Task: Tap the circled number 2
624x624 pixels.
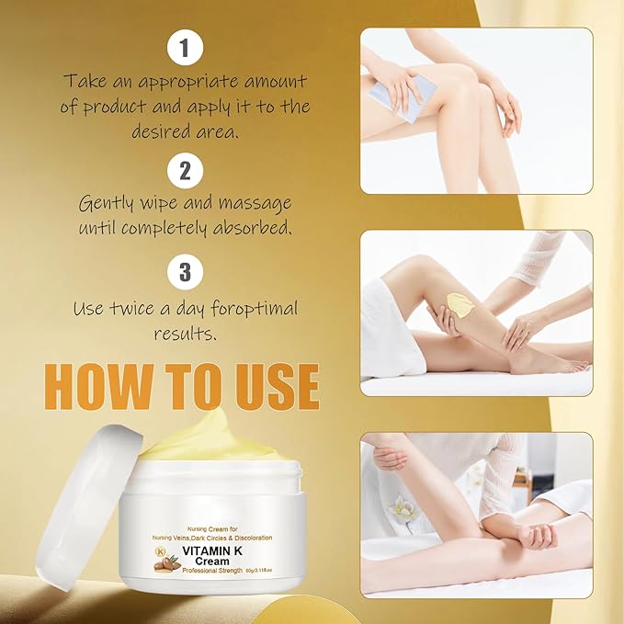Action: point(185,171)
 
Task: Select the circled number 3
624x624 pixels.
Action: point(185,272)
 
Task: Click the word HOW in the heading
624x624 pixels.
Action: point(98,387)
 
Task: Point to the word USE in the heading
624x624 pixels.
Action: point(277,387)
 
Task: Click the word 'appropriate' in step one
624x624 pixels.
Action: point(189,83)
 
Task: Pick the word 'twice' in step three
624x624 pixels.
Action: point(130,309)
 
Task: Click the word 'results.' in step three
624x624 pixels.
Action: point(186,333)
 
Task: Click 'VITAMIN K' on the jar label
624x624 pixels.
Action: point(212,550)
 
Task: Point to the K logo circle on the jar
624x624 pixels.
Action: point(161,551)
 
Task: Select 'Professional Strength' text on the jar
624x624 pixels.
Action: point(212,571)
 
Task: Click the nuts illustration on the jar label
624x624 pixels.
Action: point(166,564)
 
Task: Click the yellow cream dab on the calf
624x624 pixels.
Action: point(460,306)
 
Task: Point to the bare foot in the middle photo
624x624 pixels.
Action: point(550,361)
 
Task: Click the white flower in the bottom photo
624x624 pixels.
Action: point(401,508)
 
